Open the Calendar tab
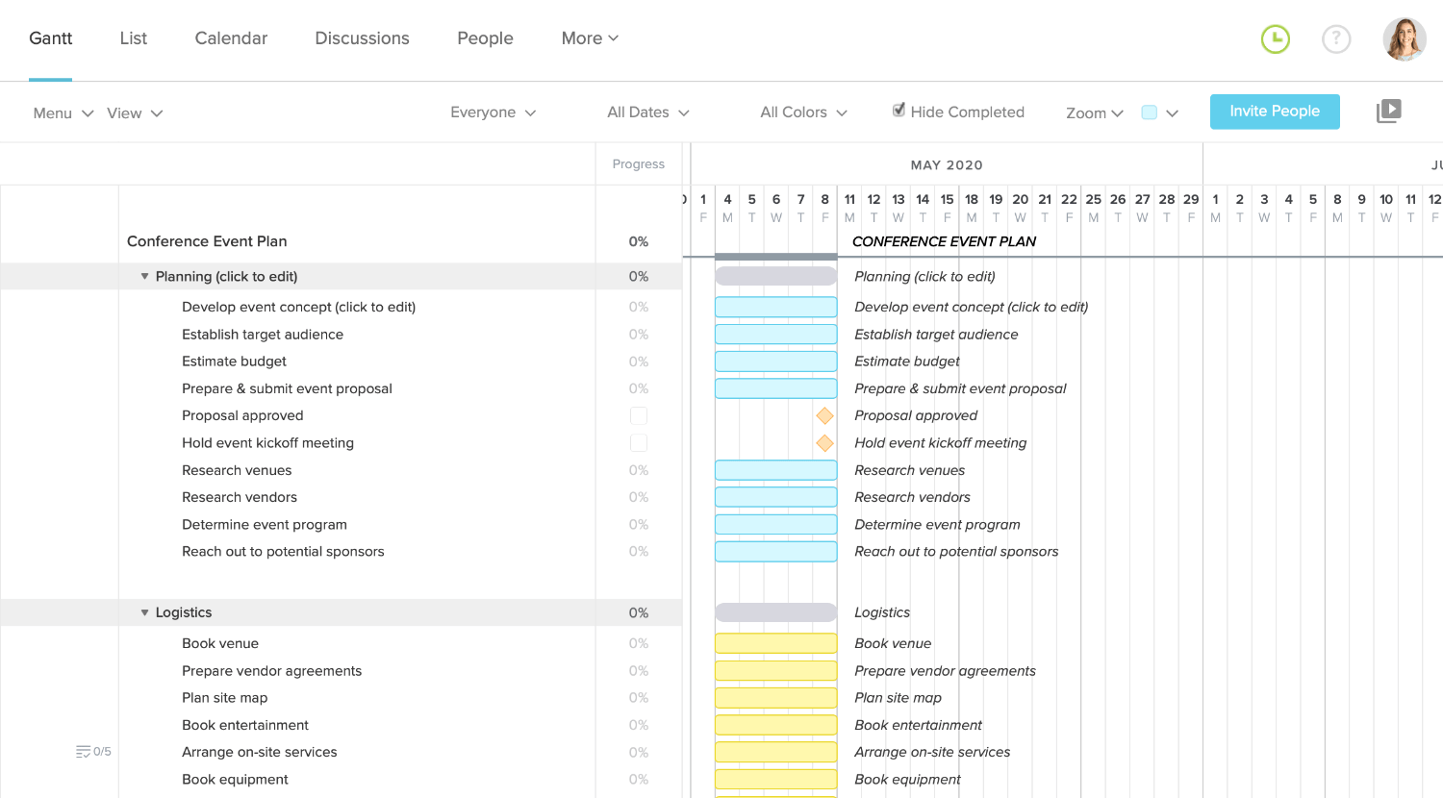pos(231,38)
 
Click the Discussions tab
pos(362,38)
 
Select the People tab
pos(485,38)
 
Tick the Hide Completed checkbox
pos(899,111)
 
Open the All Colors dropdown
pos(803,112)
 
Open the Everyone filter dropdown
pos(493,112)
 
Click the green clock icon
pos(1276,38)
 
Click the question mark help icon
pos(1336,38)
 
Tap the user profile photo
pos(1404,38)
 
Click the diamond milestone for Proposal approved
pos(824,415)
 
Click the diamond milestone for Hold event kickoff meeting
pos(824,443)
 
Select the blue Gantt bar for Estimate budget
pos(775,362)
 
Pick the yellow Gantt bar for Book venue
pos(775,643)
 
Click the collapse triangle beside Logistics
pos(145,612)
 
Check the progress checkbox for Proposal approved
pos(639,415)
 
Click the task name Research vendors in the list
pos(240,497)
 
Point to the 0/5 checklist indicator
pos(93,752)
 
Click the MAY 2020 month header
pos(947,164)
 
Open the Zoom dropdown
pos(1094,112)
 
